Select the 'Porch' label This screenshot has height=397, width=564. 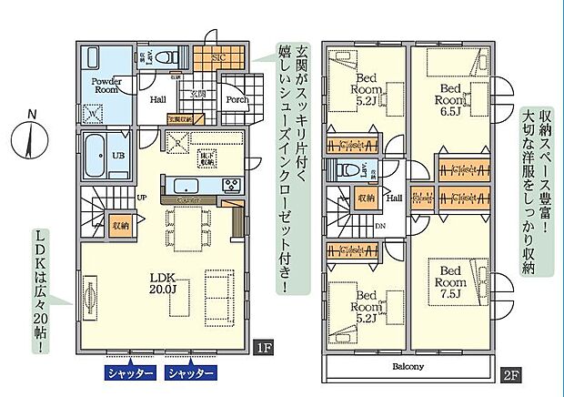click(x=237, y=100)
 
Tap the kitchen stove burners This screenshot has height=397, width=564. click(x=231, y=186)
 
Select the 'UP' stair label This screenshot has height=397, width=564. click(x=142, y=196)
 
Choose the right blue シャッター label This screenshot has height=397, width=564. click(x=191, y=372)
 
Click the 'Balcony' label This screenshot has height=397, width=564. click(x=408, y=367)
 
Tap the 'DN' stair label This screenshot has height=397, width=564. click(x=379, y=225)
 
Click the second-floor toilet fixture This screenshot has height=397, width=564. click(x=346, y=169)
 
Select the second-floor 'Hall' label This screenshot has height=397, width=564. click(x=396, y=196)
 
